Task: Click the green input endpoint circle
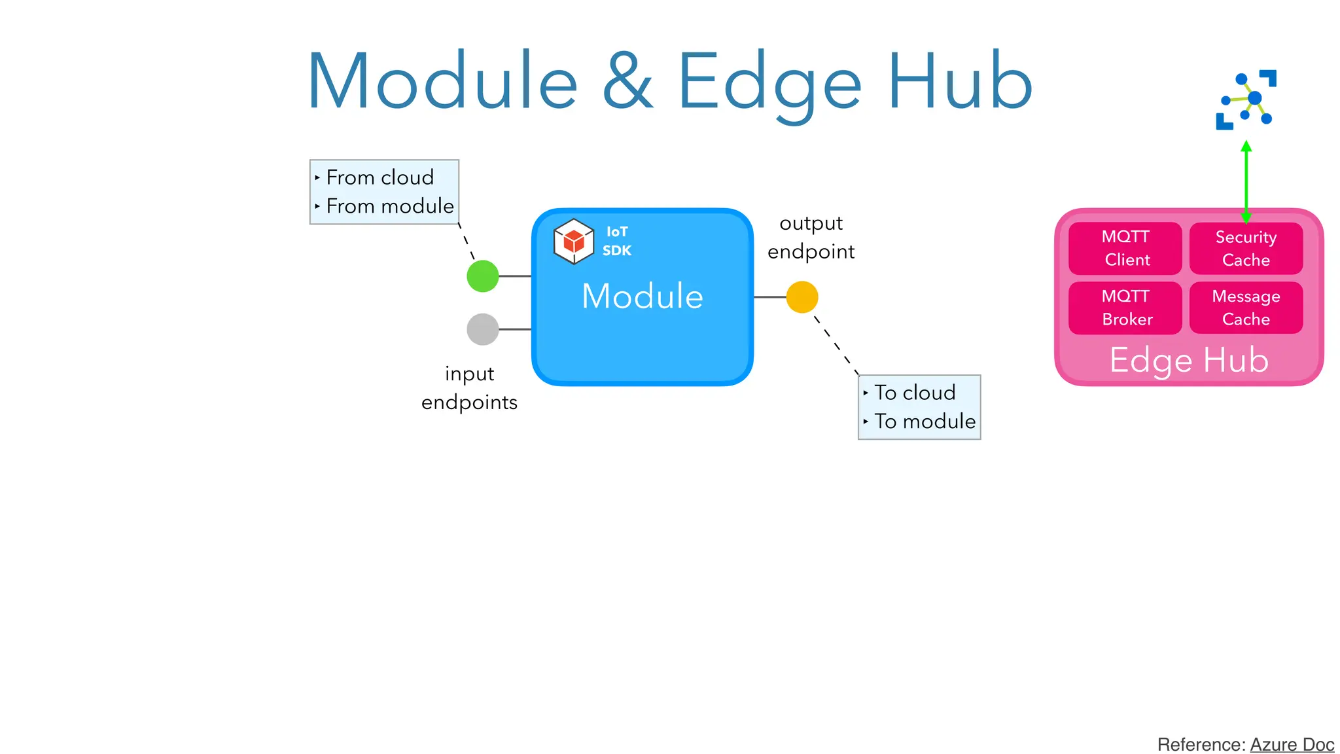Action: pos(483,276)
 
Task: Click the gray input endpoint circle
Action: pos(483,329)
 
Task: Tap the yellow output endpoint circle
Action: pos(802,297)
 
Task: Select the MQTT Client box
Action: pos(1125,248)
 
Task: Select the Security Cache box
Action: pos(1246,248)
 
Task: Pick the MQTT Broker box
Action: pos(1125,308)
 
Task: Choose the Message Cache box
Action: pos(1246,308)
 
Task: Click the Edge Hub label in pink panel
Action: pos(1189,360)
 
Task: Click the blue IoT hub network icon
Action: pos(1246,99)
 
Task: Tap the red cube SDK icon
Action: pos(574,242)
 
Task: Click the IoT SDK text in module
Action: pos(617,241)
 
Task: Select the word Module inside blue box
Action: pos(642,296)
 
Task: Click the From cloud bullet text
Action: pos(380,177)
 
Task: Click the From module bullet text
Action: pos(390,206)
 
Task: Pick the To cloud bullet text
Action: pos(915,393)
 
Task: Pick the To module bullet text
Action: pos(925,422)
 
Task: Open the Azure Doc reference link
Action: pos(1292,745)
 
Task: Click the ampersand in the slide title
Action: pos(627,82)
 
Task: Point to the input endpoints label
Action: pos(469,387)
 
